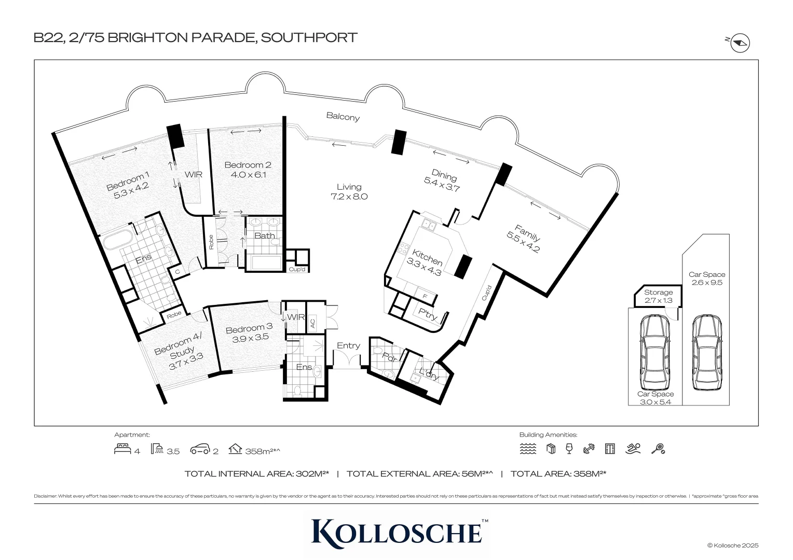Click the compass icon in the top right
pyautogui.click(x=741, y=44)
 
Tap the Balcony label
pyautogui.click(x=343, y=117)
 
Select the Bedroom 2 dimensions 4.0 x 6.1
pyautogui.click(x=248, y=175)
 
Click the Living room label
pyautogui.click(x=349, y=187)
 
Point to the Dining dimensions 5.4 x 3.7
pyautogui.click(x=442, y=185)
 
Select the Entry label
pyautogui.click(x=348, y=345)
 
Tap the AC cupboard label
pyautogui.click(x=312, y=323)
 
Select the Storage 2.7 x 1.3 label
pyautogui.click(x=658, y=296)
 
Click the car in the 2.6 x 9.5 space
pyautogui.click(x=706, y=353)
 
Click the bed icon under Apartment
pyautogui.click(x=122, y=449)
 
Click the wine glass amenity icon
pyautogui.click(x=569, y=449)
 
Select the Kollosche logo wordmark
pyautogui.click(x=396, y=531)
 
